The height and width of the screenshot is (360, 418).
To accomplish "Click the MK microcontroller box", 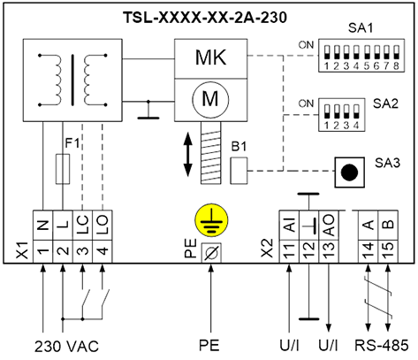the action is tap(210, 58).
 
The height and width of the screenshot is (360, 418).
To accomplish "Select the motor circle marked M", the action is tap(210, 99).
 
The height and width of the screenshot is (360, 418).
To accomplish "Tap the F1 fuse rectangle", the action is tap(63, 169).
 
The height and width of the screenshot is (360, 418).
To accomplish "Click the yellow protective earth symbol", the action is tap(210, 219).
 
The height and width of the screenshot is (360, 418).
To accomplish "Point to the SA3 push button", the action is tap(349, 172).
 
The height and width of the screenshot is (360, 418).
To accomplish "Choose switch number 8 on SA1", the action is tap(396, 52).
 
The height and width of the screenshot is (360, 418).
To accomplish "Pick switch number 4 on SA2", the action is tap(356, 111).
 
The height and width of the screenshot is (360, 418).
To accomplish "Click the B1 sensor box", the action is tap(239, 171).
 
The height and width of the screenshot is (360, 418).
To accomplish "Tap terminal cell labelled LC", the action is tap(83, 226).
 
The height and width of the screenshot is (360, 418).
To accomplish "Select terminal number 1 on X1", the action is tap(43, 251).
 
